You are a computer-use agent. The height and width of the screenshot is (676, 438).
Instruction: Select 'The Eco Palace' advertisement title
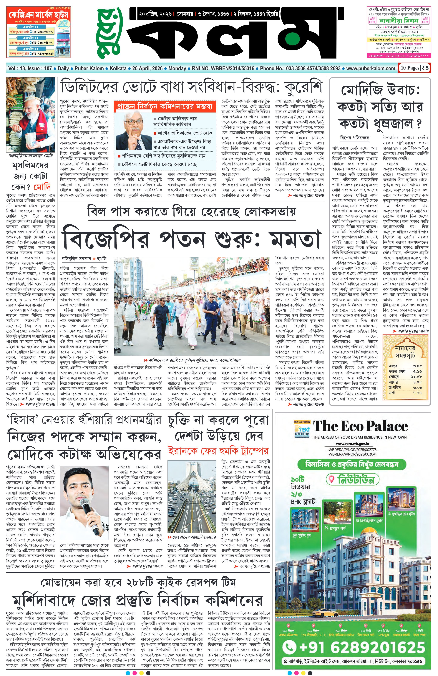pos(360,427)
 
